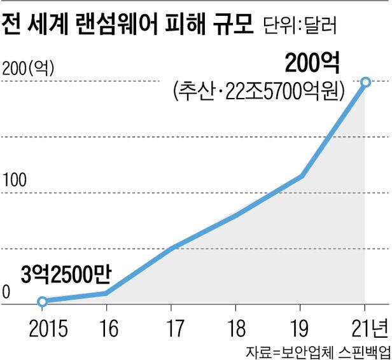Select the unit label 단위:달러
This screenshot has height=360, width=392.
(298, 27)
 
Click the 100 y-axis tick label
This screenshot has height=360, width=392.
(15, 181)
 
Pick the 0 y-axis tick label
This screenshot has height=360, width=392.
(6, 292)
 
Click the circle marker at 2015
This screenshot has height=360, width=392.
(42, 301)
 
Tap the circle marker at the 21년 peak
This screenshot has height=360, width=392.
(365, 81)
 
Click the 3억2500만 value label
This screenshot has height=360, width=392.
(66, 275)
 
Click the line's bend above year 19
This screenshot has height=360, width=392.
(300, 176)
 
